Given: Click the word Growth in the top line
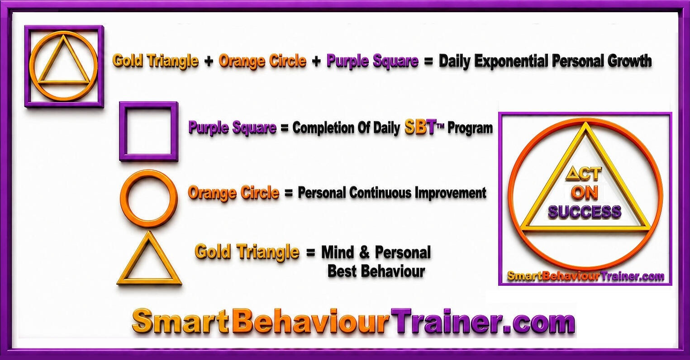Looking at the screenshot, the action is click(629, 61).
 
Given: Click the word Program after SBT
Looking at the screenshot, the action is click(470, 128).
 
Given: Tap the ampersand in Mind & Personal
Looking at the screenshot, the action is click(364, 252).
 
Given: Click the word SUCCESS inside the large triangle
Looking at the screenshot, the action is click(585, 212).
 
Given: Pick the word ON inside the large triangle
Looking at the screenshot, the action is click(585, 193).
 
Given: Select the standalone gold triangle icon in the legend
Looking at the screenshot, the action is click(149, 282).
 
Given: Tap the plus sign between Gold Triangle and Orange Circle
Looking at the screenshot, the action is click(209, 61).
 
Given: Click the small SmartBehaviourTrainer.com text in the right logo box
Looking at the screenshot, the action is click(585, 276).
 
